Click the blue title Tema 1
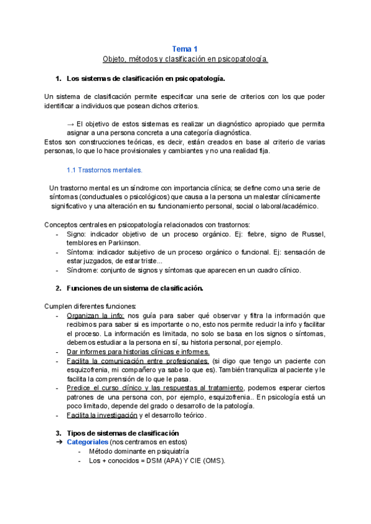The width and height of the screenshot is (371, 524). coord(185,49)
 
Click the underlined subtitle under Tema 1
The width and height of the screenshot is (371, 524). coord(185,59)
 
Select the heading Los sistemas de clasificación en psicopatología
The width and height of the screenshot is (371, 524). coord(145,78)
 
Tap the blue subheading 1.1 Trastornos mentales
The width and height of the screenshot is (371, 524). coord(104,170)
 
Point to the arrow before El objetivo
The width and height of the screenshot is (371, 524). coord(70,124)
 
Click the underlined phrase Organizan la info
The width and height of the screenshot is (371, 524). coord(95,316)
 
